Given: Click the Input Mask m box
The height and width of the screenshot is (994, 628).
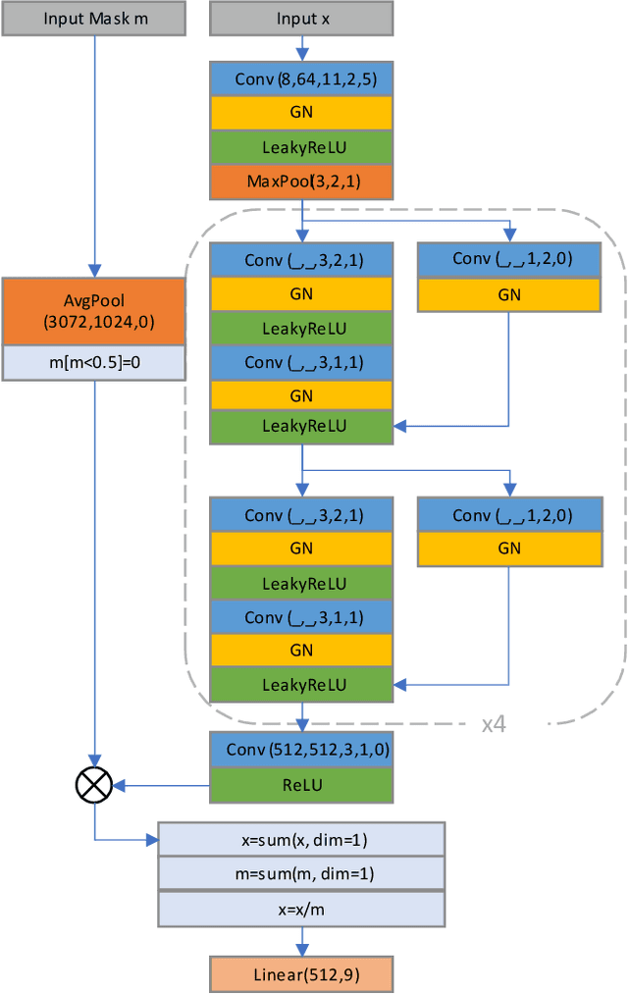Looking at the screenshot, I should coord(95,18).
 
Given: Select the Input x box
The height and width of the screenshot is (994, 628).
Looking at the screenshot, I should coord(301,18).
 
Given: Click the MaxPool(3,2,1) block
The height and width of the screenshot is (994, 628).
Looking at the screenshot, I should coord(301,181).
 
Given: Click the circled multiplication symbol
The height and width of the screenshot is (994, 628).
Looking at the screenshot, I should coord(95,783).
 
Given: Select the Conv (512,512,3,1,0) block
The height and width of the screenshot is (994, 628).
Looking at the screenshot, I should coord(301,750).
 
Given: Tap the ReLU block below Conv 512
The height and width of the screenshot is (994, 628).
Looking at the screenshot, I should coord(301,784).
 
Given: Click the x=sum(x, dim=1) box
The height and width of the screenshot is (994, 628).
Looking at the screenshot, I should coord(301,839).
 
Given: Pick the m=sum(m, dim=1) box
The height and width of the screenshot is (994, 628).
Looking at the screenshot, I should coord(301,873).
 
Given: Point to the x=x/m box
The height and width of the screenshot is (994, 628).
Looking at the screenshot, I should coord(301,908).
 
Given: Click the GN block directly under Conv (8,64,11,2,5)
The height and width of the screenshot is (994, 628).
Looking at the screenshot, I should coord(301,112).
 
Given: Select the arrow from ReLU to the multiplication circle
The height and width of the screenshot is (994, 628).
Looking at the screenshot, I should coord(162,783).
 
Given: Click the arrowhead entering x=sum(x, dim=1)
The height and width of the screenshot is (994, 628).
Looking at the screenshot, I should coord(151,839).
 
